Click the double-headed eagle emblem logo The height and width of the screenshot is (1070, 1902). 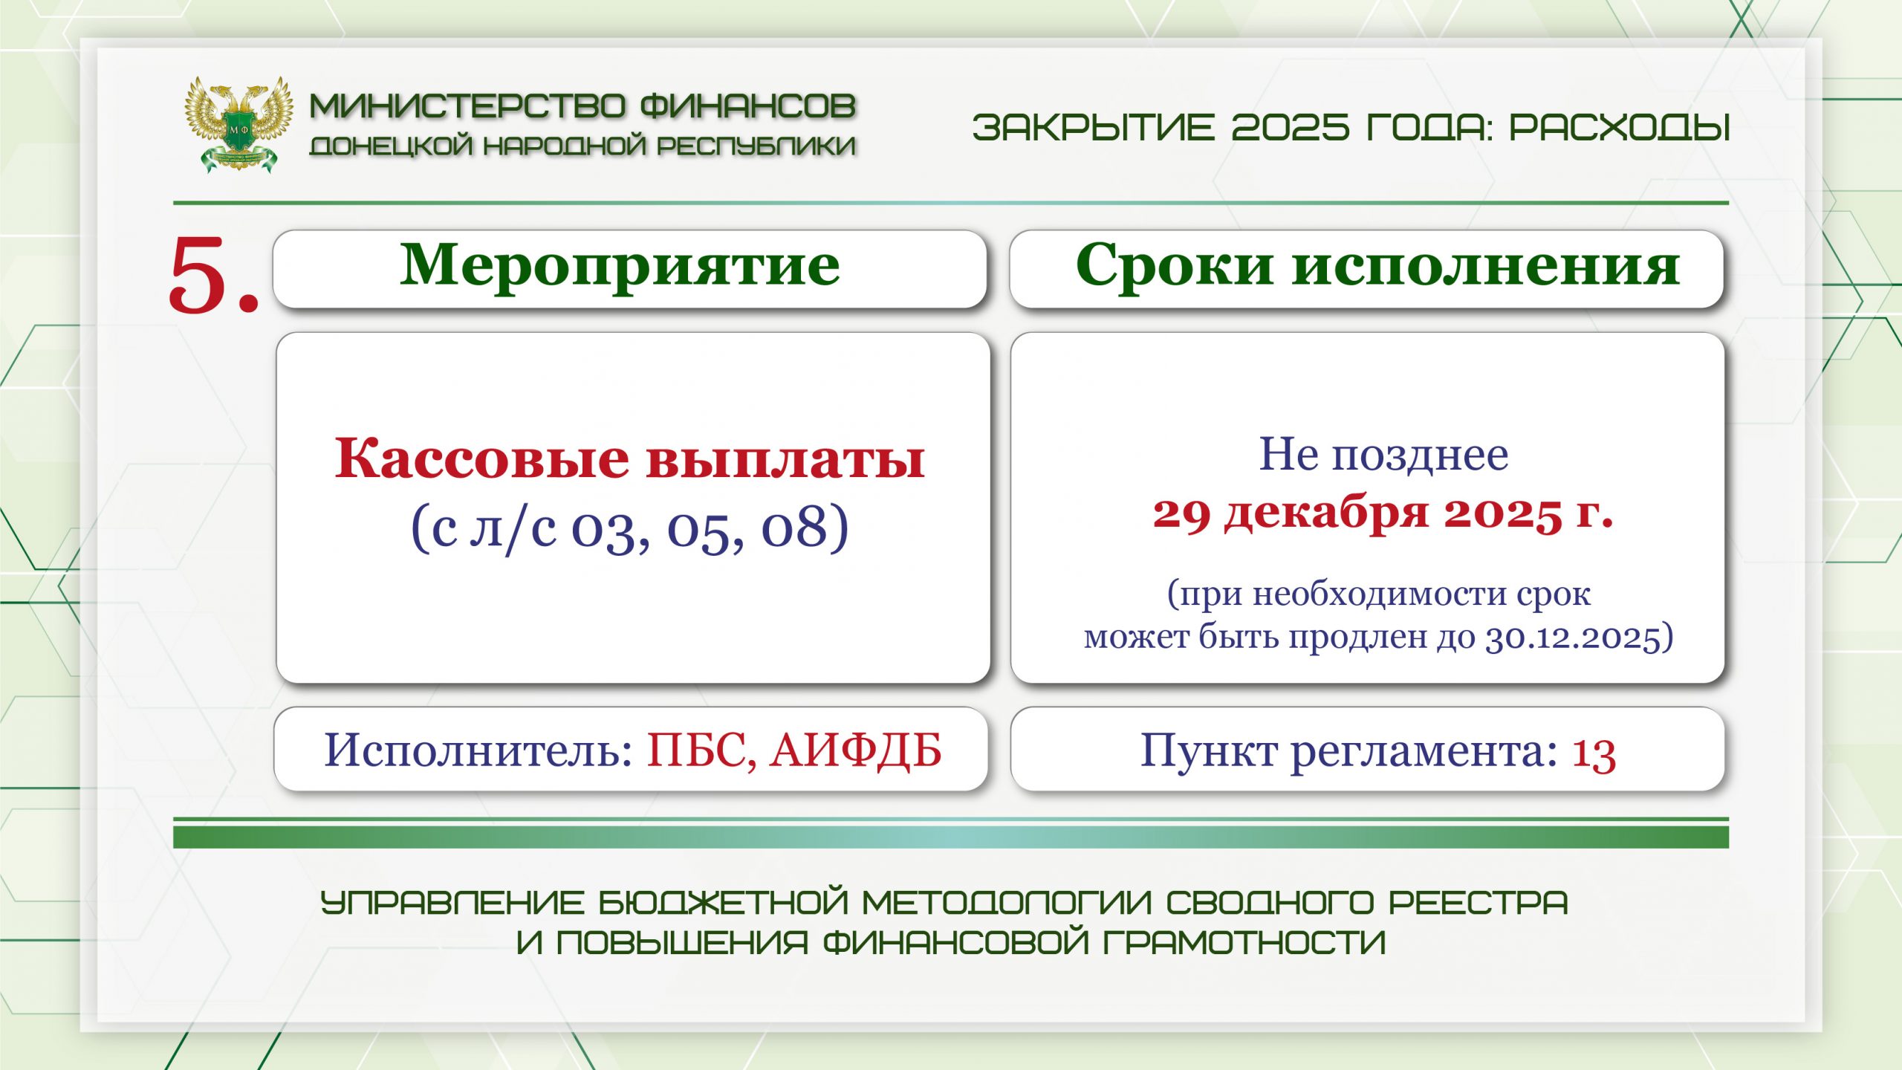[x=238, y=124]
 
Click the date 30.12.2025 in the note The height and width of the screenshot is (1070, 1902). [x=1571, y=638]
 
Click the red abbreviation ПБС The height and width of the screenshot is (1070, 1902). [x=702, y=751]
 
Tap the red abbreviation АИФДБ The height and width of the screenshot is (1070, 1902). [x=856, y=750]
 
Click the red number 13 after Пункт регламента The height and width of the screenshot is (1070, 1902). [x=1594, y=753]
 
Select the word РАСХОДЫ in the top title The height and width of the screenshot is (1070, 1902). [x=1620, y=127]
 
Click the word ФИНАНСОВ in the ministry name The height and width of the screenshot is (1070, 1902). [x=748, y=106]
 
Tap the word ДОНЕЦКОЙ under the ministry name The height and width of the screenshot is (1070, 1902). [x=391, y=146]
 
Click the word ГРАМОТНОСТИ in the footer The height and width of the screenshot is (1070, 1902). [x=1244, y=943]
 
